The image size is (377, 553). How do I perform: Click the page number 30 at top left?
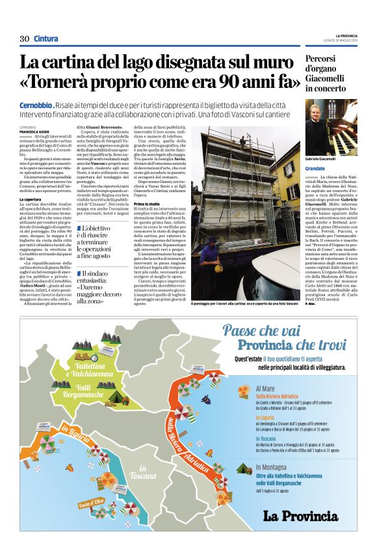[x=24, y=38]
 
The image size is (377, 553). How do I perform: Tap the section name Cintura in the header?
[x=45, y=38]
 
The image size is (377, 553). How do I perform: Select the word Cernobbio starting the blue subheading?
[x=36, y=106]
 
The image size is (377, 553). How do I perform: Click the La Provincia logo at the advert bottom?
[x=300, y=517]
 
